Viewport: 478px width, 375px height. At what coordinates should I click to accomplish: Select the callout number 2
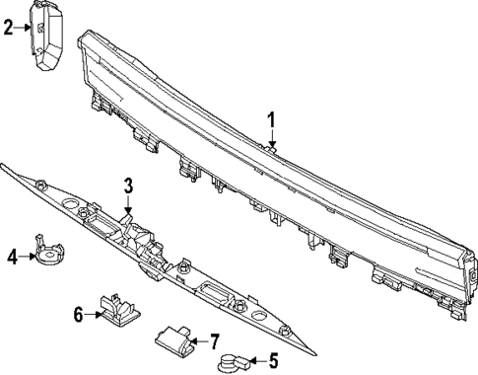pyautogui.click(x=9, y=27)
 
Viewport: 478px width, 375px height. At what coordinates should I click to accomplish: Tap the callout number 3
pyautogui.click(x=127, y=185)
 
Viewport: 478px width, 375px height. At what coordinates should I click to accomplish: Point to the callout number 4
pyautogui.click(x=13, y=257)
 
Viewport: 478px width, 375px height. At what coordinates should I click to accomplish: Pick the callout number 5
pyautogui.click(x=273, y=361)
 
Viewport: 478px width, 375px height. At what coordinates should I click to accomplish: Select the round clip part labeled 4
pyautogui.click(x=46, y=254)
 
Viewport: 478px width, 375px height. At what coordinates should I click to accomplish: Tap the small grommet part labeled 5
pyautogui.click(x=233, y=363)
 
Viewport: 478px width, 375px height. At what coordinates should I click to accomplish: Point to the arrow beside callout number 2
pyautogui.click(x=24, y=28)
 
